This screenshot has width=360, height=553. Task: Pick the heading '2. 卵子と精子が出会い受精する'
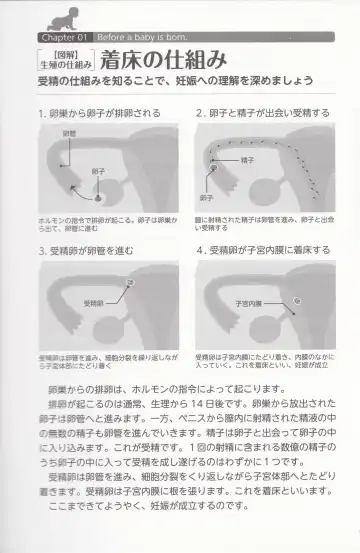click(x=262, y=114)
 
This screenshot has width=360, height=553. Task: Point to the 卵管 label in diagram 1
click(x=69, y=133)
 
